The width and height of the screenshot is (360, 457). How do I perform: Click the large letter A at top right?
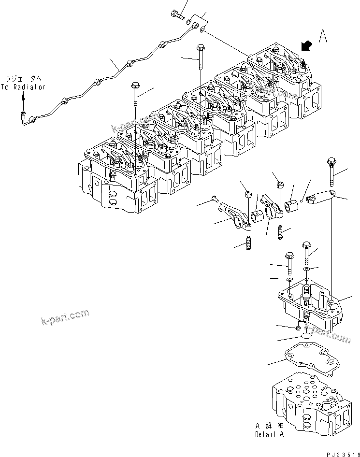point(324,37)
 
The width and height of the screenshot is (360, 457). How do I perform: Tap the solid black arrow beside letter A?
point(305,46)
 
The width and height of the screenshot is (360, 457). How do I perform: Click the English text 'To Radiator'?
point(23,87)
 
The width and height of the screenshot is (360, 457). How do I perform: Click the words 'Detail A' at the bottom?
point(270,434)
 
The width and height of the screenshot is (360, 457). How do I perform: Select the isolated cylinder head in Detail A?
point(309,399)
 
